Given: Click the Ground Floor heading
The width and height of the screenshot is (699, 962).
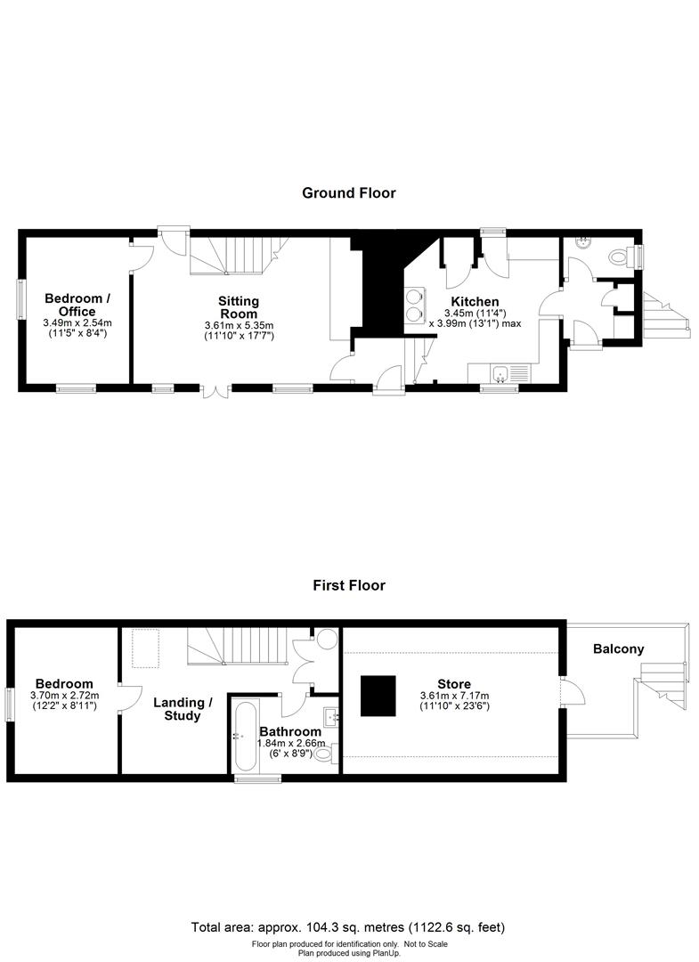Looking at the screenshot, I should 348,192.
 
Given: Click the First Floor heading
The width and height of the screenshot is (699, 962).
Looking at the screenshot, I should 348,585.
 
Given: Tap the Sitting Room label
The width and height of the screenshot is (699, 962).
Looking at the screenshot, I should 239,307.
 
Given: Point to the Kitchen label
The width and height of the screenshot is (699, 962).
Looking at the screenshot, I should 474,302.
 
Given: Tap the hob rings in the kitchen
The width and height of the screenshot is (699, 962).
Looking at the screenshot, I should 415,305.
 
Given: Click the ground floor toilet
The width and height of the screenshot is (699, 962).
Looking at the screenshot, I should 616,257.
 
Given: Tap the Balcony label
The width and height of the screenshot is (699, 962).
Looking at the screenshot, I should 618,649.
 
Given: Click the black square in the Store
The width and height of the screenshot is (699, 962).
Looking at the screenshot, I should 378,696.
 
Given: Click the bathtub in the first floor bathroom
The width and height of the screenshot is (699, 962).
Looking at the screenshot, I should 244,736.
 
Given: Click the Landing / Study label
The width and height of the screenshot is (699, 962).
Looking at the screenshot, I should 183,708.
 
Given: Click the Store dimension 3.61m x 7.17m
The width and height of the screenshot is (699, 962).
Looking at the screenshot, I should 453,696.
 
